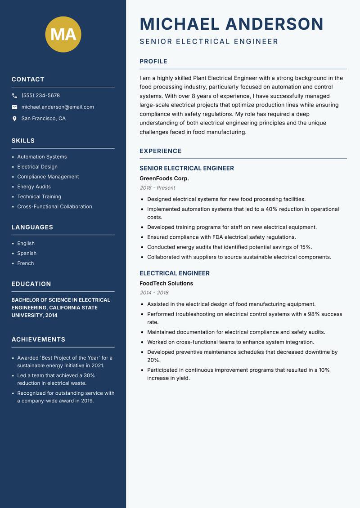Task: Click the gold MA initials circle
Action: (x=63, y=34)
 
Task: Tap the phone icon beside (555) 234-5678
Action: (x=14, y=96)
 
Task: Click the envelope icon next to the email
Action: (x=14, y=107)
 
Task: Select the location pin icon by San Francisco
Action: (x=14, y=119)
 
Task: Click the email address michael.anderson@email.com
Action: (x=58, y=107)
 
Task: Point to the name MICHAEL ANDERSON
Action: (x=231, y=24)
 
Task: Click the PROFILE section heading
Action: (x=153, y=62)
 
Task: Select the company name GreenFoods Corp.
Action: (x=164, y=178)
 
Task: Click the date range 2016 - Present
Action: (x=157, y=188)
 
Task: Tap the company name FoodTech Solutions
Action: (x=166, y=284)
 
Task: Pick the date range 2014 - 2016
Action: (x=154, y=293)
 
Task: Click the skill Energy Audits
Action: (x=34, y=187)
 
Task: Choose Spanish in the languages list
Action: (x=27, y=254)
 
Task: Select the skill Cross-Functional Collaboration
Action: (x=54, y=207)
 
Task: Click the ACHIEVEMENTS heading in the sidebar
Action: (x=38, y=339)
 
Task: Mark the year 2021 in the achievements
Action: (x=97, y=365)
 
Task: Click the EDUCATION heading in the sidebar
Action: (x=31, y=284)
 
